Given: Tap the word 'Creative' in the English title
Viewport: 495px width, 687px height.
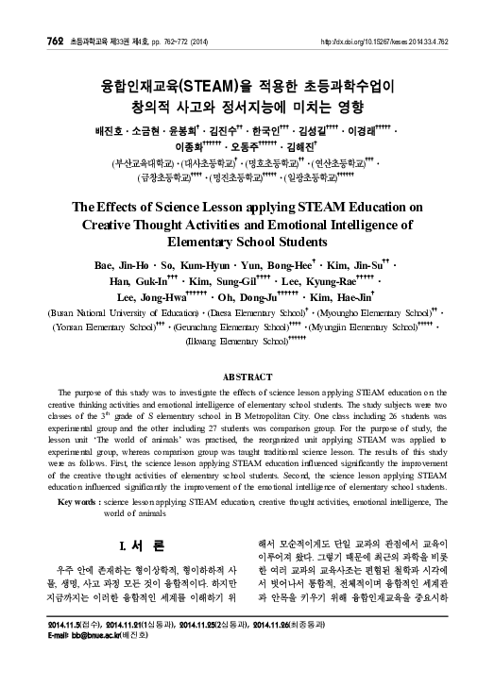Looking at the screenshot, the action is click(115, 226).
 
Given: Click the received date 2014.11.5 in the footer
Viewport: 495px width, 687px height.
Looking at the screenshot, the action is click(56, 651).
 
